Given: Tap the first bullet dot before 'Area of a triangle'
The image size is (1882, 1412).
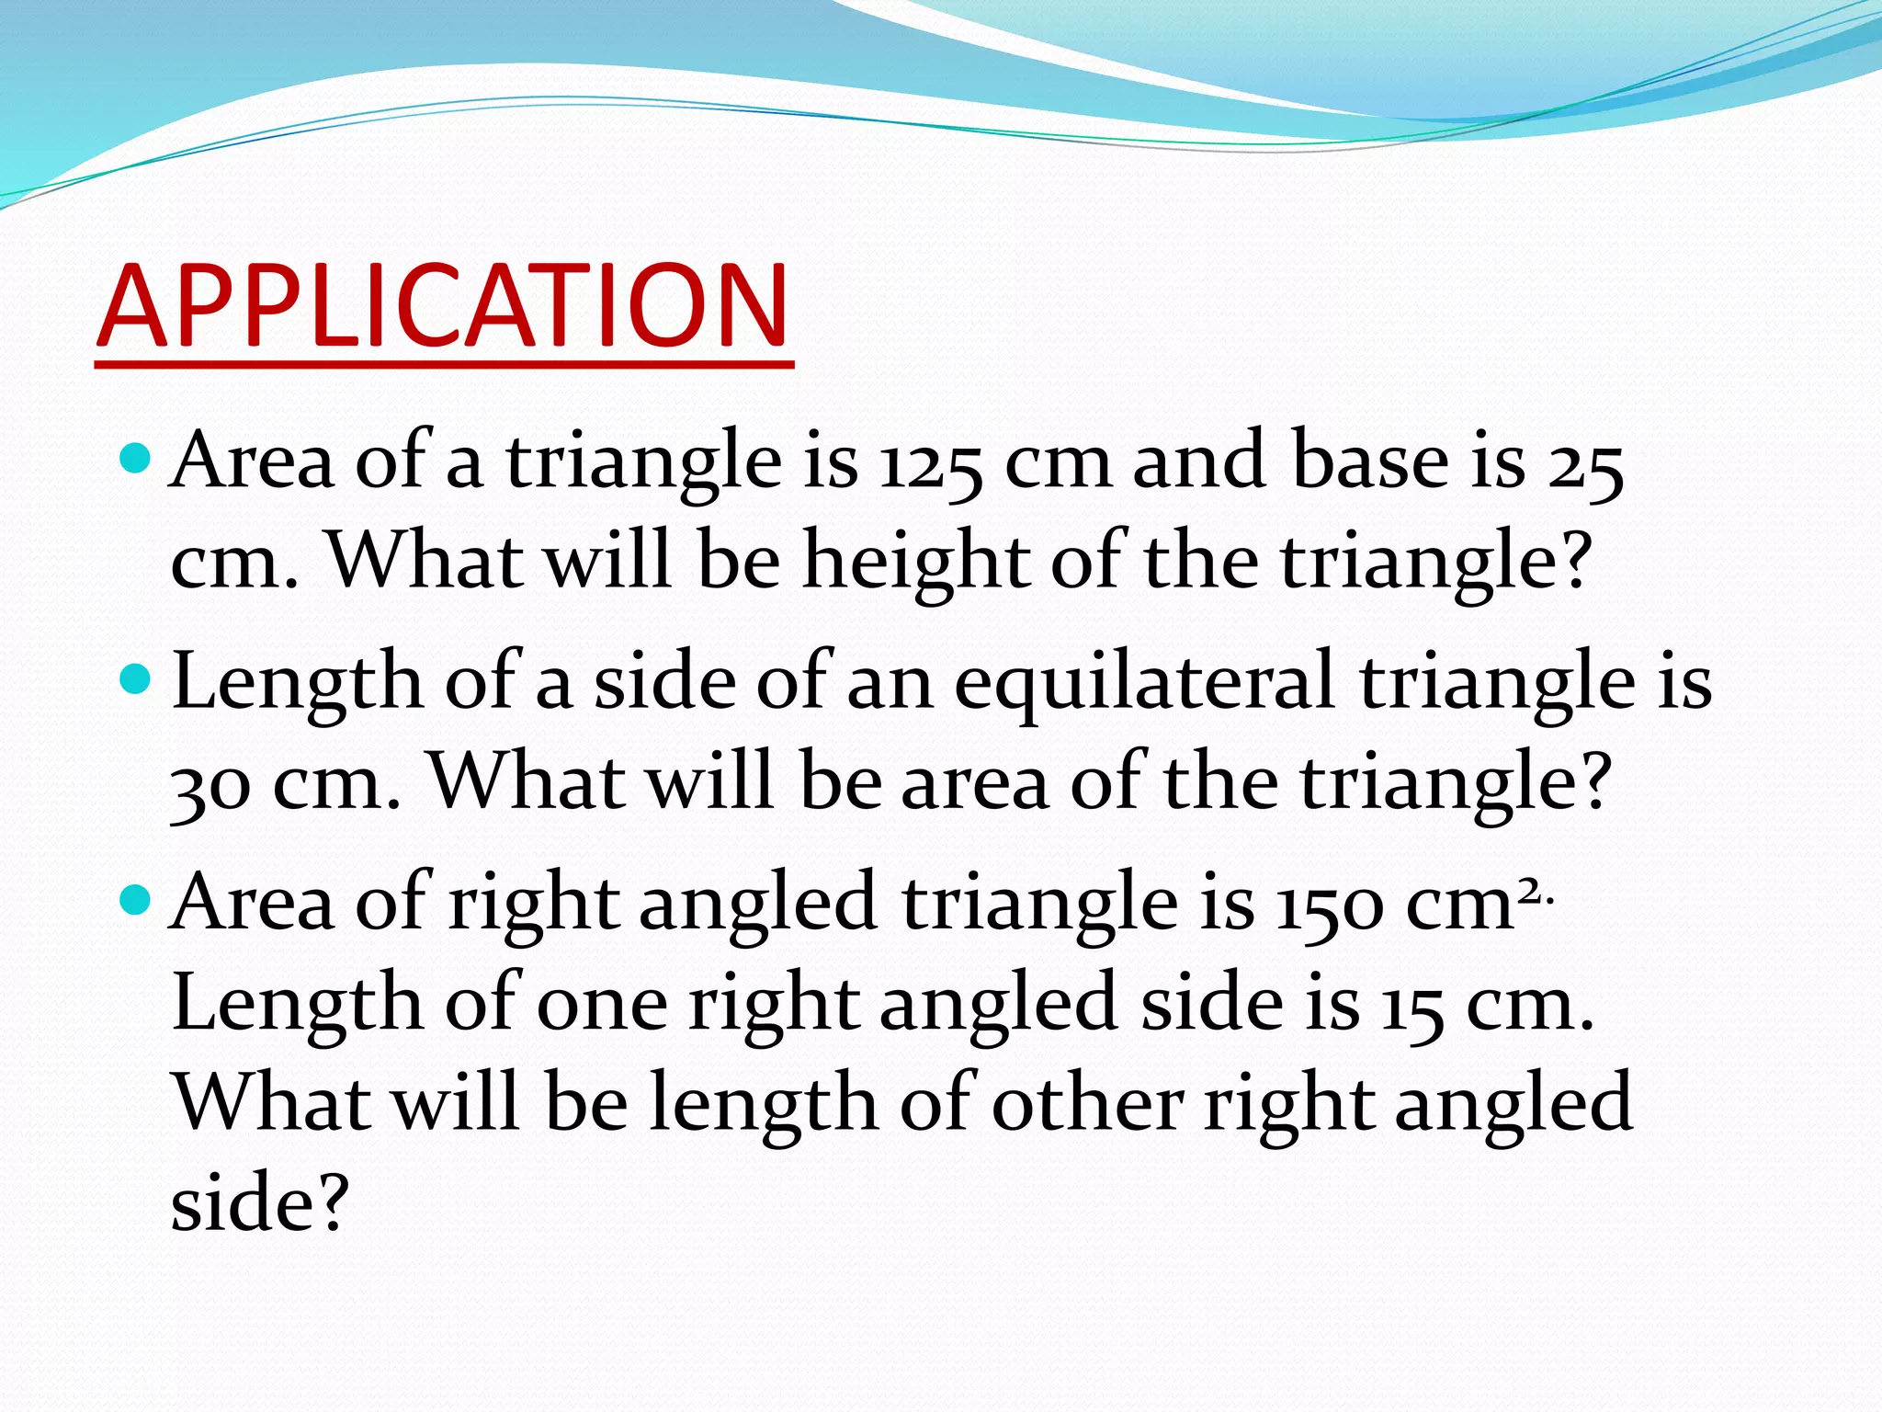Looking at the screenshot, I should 135,457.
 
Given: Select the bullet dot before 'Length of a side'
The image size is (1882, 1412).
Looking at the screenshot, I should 135,679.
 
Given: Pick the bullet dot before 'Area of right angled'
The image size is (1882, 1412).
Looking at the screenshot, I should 135,900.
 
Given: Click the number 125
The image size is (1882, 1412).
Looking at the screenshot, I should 930,462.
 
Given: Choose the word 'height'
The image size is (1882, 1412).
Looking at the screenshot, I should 916,563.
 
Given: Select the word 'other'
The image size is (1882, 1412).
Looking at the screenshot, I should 1087,1102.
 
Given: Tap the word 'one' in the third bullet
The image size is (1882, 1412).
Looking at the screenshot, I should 602,1004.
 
